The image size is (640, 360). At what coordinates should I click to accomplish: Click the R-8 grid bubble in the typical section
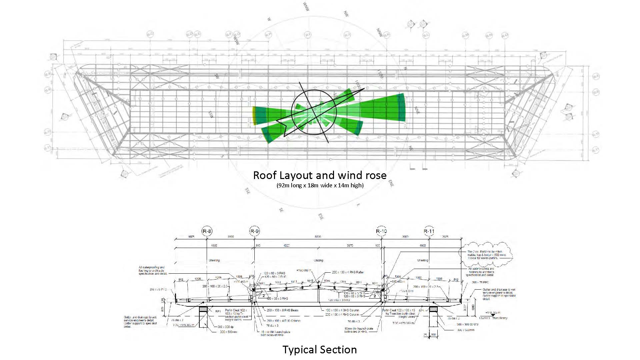coord(207,231)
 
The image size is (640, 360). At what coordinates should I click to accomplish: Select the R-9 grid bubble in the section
coord(255,231)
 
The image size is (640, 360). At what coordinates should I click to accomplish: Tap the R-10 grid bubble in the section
coord(381,231)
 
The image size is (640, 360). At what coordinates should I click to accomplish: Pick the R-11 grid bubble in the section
coord(429,231)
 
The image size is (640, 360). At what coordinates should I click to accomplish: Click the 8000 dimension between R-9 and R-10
coord(318,237)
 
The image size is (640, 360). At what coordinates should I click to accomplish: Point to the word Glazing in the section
coord(318,260)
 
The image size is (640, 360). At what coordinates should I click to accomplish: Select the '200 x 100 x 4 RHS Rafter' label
coord(348,272)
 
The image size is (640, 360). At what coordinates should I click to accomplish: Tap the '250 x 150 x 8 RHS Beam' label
coord(282,310)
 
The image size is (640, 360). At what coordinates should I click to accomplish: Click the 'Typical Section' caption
coord(320,349)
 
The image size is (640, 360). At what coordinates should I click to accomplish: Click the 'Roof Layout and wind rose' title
coord(320,175)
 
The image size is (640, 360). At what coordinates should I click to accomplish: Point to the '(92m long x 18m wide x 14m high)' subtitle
coord(320,185)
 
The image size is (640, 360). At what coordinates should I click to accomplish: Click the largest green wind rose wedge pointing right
coord(383,107)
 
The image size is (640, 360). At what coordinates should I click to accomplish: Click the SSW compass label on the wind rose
coord(211,115)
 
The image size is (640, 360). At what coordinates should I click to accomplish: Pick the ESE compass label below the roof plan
coord(321,216)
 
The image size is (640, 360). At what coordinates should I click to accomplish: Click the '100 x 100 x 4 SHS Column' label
coord(342,310)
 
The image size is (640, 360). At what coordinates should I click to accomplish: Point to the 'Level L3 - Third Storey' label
coord(493,318)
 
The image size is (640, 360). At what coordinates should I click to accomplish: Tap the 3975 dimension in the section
coord(350,246)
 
